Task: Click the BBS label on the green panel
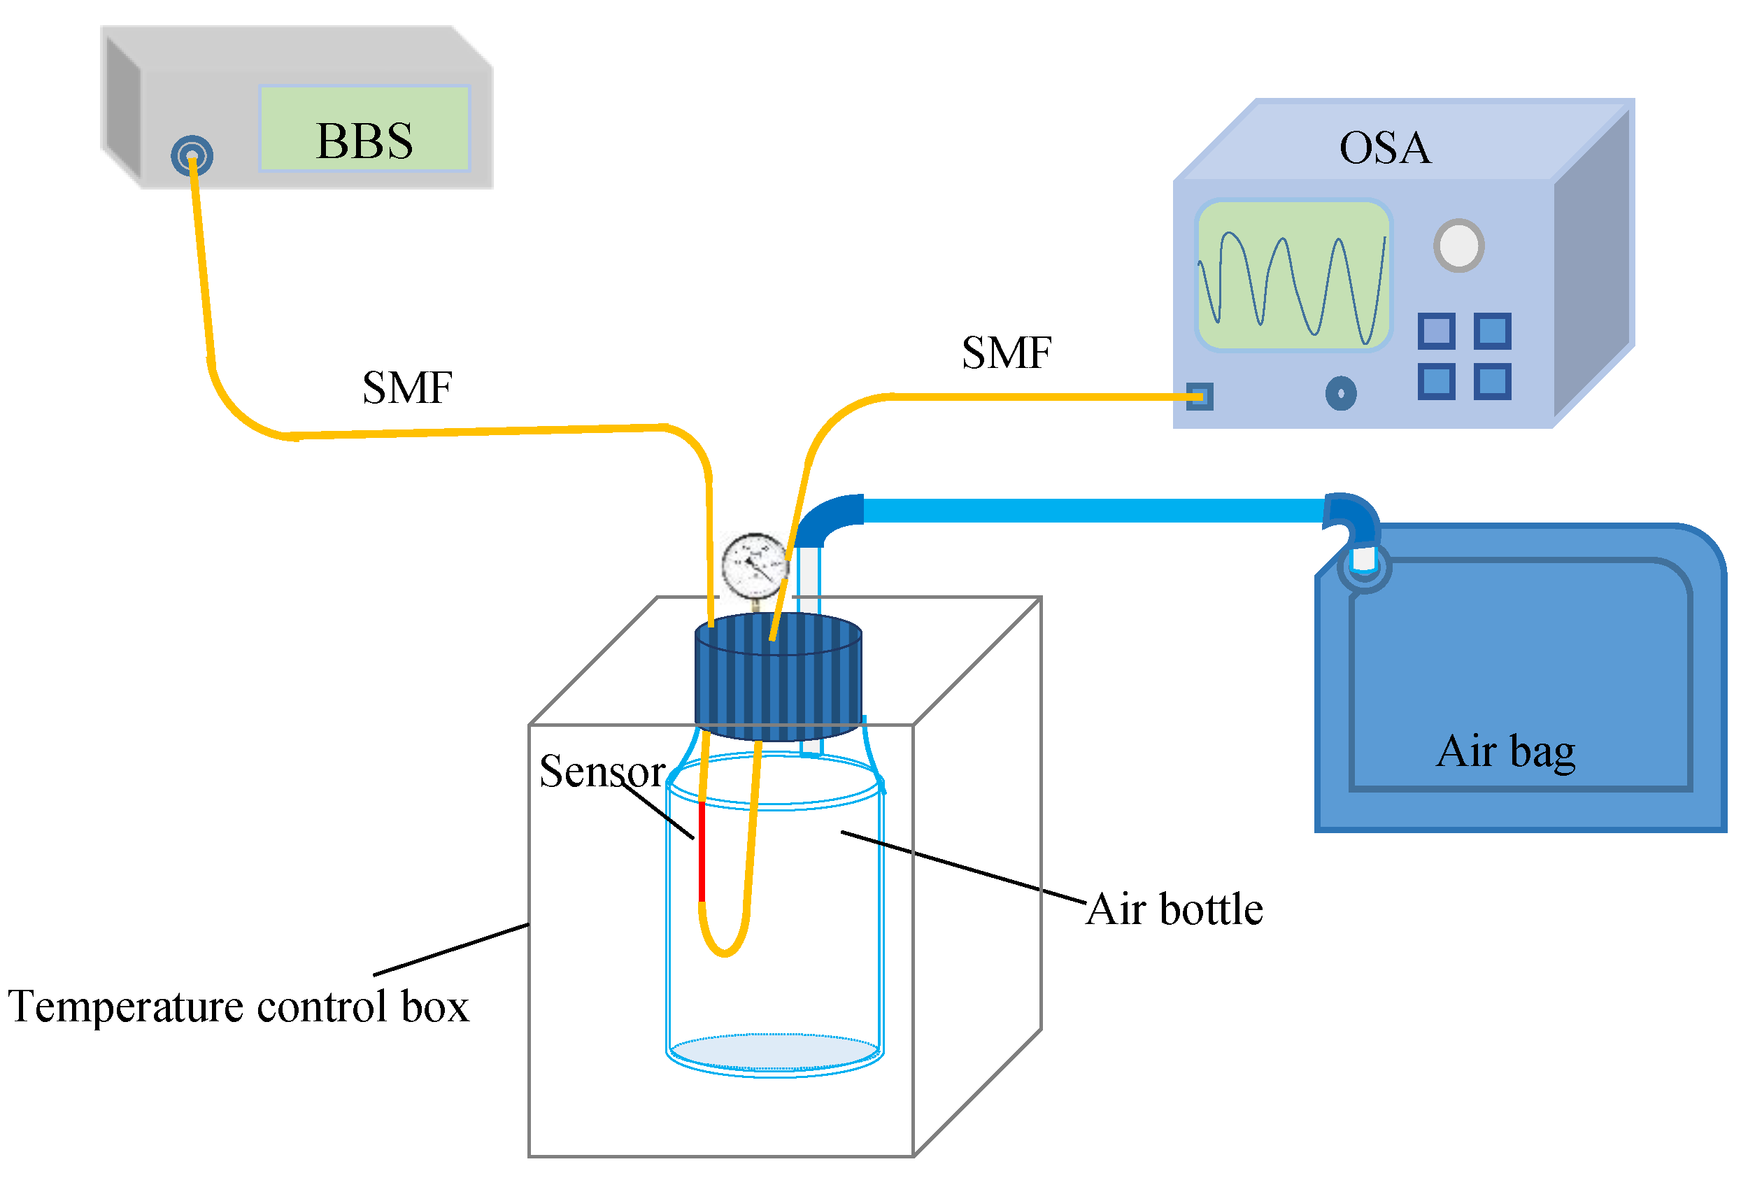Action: tap(364, 141)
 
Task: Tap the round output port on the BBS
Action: tap(192, 155)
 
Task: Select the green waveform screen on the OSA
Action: tap(1292, 275)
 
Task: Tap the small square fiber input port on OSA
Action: tap(1199, 396)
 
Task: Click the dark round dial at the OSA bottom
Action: tap(1340, 393)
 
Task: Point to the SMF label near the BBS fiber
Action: tap(406, 388)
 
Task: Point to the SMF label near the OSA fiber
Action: tap(1006, 353)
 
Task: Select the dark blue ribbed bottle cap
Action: tap(778, 677)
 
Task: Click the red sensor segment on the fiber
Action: tap(702, 852)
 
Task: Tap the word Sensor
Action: tap(602, 772)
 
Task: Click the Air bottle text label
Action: tap(1174, 909)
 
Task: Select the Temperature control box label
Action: tap(238, 1006)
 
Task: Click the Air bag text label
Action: tap(1505, 752)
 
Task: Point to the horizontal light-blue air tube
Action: tap(1093, 510)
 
